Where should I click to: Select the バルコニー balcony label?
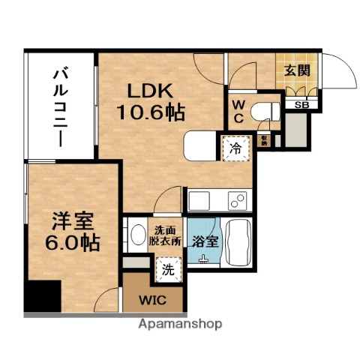pyautogui.click(x=61, y=105)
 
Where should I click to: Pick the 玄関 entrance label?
pyautogui.click(x=295, y=72)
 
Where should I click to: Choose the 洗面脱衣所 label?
pyautogui.click(x=168, y=237)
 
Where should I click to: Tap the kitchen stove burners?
pyautogui.click(x=238, y=200)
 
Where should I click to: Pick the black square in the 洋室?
pyautogui.click(x=42, y=296)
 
